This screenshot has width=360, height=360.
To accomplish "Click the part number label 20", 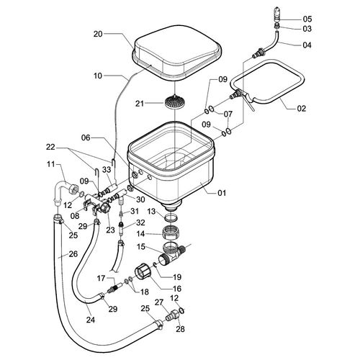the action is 98,34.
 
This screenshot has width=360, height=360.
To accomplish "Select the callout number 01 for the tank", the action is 222,193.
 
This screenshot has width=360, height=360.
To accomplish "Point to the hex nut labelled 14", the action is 171,233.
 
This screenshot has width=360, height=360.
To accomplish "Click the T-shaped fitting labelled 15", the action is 171,254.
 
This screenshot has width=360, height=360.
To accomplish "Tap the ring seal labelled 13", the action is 171,218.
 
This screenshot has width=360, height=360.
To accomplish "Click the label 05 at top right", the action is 307,19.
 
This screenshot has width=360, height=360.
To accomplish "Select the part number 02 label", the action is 302,109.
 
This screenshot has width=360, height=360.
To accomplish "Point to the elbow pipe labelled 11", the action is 61,192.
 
